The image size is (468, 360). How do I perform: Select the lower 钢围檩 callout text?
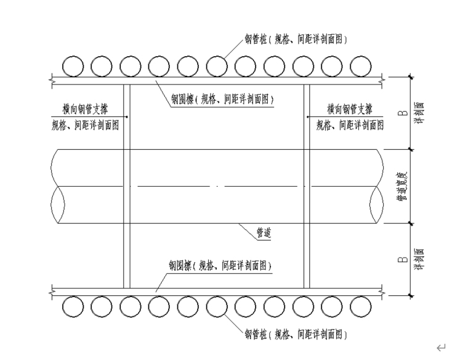point(222,266)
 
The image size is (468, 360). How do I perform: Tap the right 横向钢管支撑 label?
point(349,109)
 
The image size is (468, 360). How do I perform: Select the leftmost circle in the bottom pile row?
point(73,306)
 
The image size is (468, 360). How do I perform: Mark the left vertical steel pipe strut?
point(127,185)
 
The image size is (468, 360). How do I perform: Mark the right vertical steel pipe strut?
point(306,185)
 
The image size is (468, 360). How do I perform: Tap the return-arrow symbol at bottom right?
point(440,348)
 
